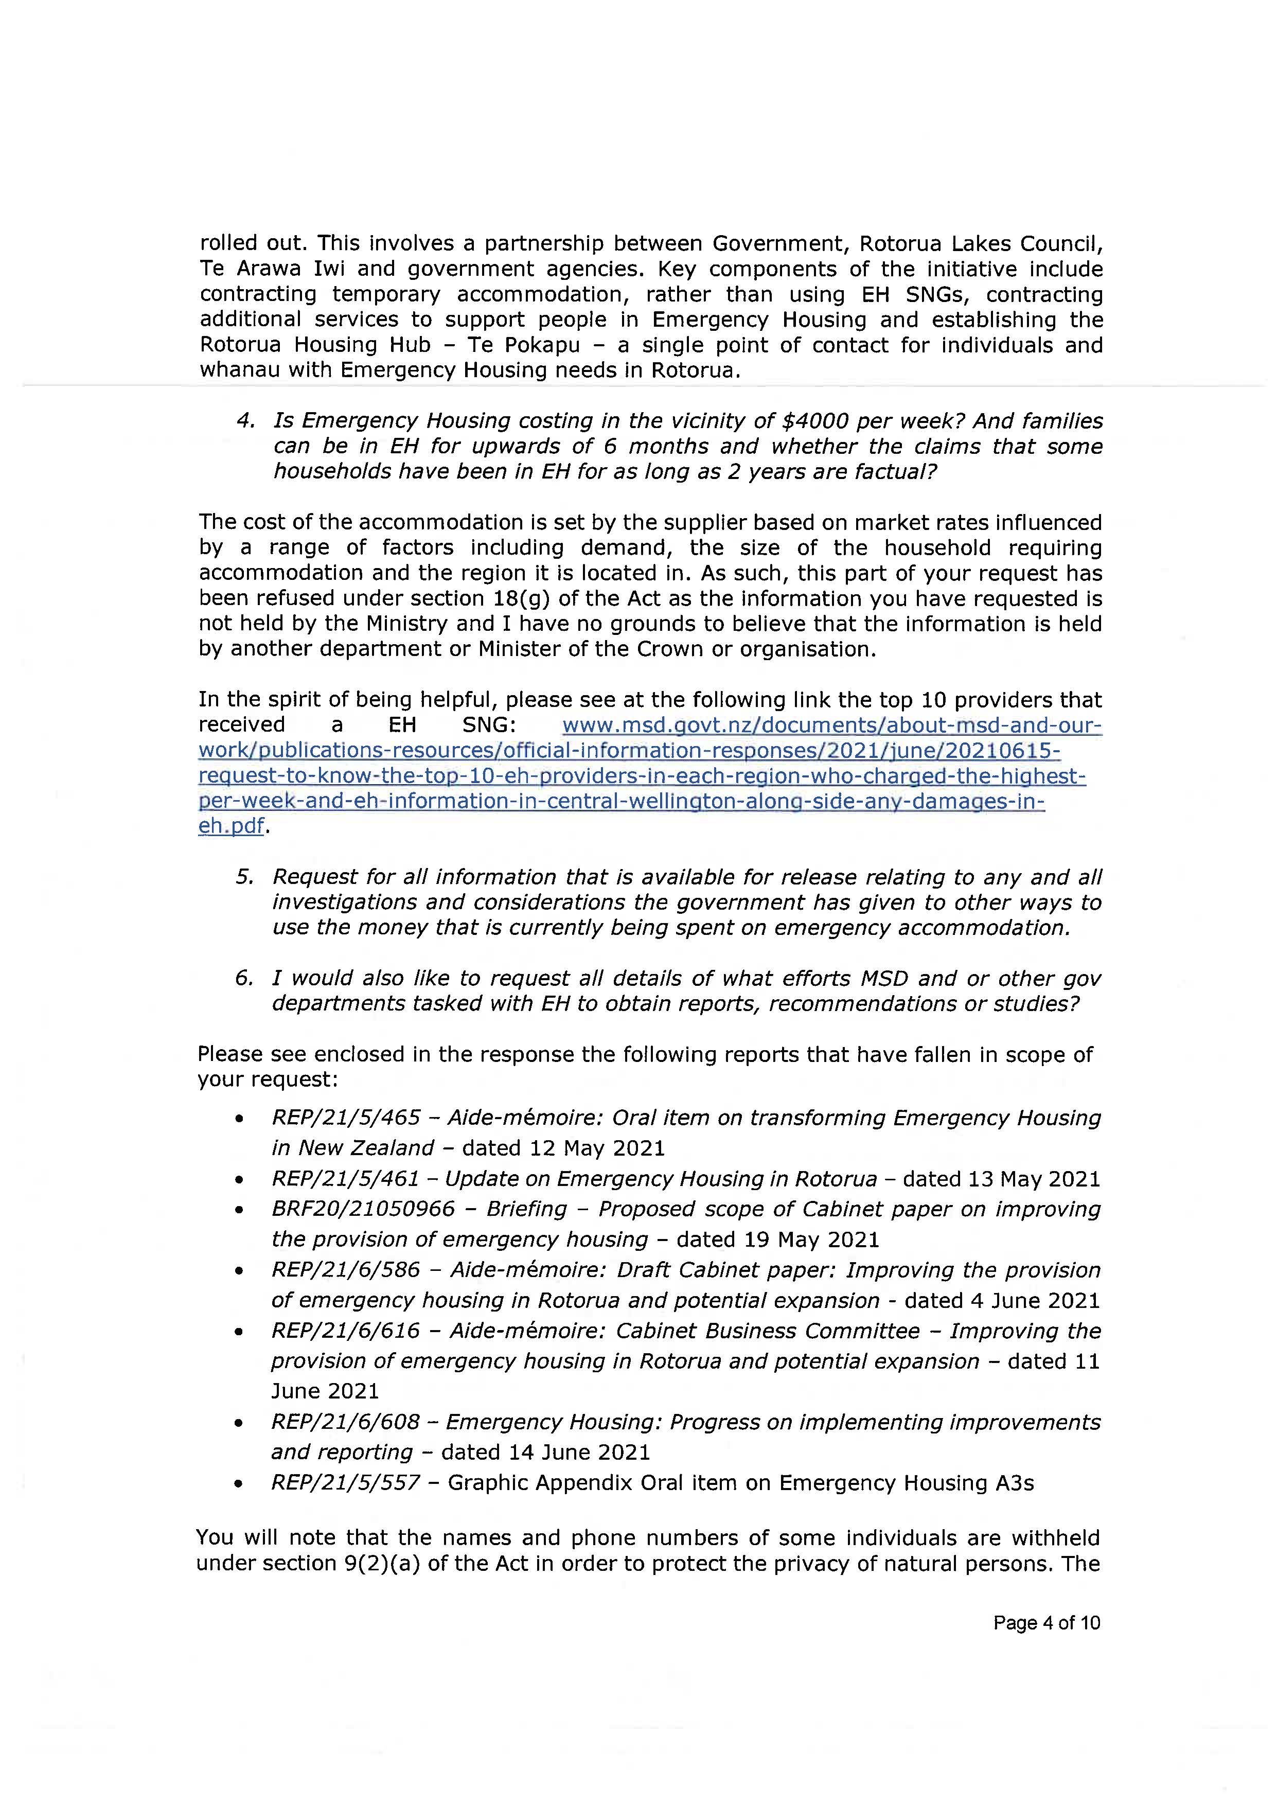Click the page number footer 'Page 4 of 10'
[1046, 1623]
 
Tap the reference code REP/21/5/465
[346, 1118]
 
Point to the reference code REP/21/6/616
[346, 1331]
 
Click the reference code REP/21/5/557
[346, 1483]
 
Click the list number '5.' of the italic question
[244, 877]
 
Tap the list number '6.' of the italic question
[244, 979]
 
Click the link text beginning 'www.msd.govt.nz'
[832, 725]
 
